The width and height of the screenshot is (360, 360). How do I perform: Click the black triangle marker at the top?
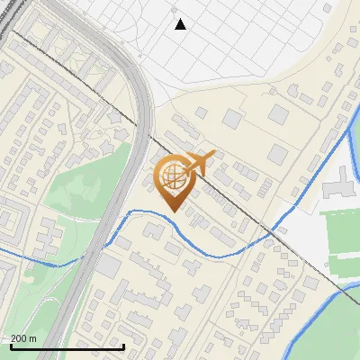click(180, 24)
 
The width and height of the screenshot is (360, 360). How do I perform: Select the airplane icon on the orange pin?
click(200, 163)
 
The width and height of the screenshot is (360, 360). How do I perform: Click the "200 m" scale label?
click(23, 338)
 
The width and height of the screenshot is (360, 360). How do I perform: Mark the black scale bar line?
click(67, 347)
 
